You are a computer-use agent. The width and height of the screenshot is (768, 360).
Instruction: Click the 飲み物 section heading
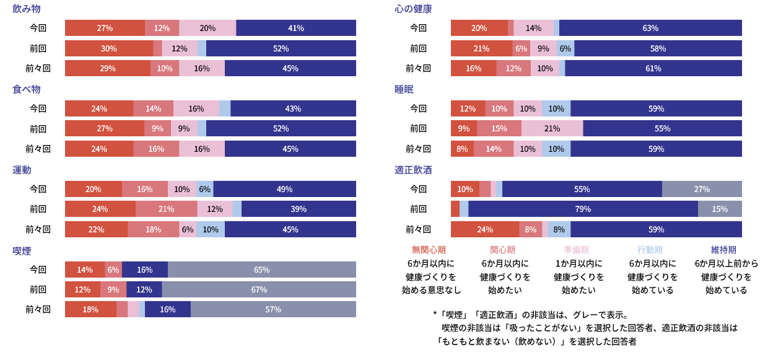(x=27, y=9)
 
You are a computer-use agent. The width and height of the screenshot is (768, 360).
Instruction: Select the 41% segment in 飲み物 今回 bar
(x=296, y=28)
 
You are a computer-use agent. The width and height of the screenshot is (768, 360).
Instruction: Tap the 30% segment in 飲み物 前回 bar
(x=108, y=48)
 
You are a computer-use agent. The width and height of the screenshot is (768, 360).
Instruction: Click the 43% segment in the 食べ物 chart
(x=293, y=108)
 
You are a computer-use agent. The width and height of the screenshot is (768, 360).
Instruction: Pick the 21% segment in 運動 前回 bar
(x=166, y=209)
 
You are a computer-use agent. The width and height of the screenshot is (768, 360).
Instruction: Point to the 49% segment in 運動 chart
(x=284, y=189)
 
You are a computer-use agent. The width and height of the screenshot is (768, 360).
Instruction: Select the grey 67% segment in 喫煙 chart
(x=259, y=289)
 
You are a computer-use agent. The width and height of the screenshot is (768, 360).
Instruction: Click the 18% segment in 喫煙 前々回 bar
(x=90, y=309)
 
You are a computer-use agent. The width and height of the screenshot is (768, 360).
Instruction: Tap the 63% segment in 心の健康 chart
(x=650, y=28)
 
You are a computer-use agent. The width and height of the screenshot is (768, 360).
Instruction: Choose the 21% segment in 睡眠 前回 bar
(x=552, y=128)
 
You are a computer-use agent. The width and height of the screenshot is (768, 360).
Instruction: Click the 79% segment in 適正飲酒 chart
(x=583, y=209)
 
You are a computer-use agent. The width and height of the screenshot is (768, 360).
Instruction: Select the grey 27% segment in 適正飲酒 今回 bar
(x=702, y=189)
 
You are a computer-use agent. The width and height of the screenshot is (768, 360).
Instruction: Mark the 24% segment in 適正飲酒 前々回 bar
(x=485, y=229)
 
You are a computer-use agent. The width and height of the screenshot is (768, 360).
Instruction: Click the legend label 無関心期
(x=429, y=250)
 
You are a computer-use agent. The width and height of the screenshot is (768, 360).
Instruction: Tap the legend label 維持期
(x=723, y=250)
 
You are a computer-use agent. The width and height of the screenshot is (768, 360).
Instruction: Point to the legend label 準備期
(x=576, y=250)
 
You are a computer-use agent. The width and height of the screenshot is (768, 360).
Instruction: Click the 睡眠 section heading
(x=404, y=89)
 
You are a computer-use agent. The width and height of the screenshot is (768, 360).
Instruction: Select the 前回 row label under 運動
(x=38, y=209)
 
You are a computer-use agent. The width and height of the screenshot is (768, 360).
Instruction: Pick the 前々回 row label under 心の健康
(x=418, y=68)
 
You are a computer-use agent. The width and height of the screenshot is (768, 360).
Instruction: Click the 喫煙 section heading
(x=22, y=250)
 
